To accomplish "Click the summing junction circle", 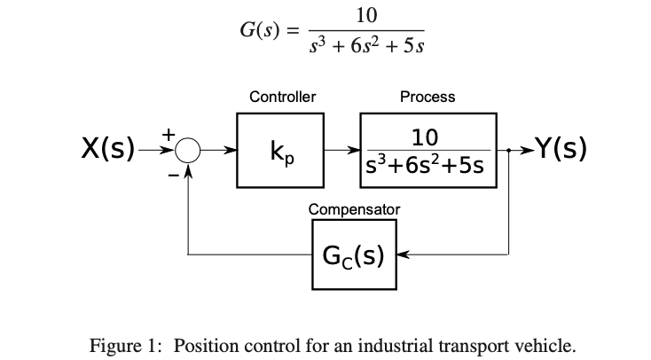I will point(187,152).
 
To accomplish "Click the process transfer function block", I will point(427,151).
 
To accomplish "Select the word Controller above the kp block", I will point(282,97).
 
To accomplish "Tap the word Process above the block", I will point(427,97).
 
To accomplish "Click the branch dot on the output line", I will point(508,152).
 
